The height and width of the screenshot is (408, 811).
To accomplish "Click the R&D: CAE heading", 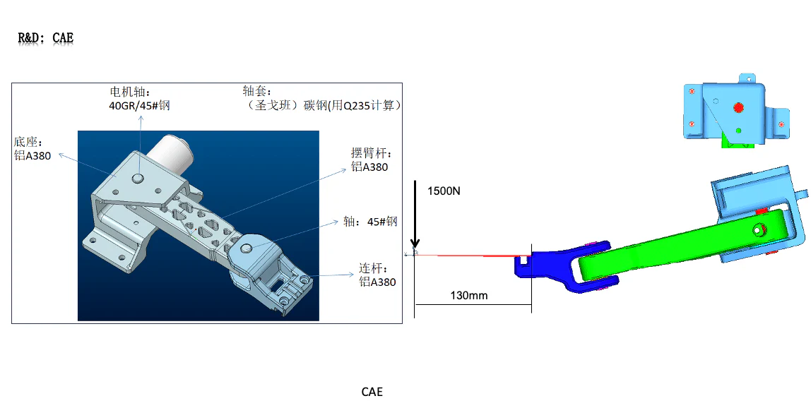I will (x=45, y=38).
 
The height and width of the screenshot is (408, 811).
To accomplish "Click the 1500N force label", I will (x=444, y=191).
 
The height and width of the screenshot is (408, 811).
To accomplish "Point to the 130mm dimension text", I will (x=469, y=295).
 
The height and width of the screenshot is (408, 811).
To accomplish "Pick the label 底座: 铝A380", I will (x=32, y=149).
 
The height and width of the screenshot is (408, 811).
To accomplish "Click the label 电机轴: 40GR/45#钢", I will (x=139, y=99).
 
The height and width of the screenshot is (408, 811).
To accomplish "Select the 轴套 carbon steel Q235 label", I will (x=321, y=99).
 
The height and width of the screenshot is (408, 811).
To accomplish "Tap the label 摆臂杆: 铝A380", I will (x=370, y=160).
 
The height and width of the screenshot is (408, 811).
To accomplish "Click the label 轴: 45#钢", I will (x=370, y=222).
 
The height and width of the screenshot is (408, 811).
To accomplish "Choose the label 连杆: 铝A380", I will (x=377, y=275).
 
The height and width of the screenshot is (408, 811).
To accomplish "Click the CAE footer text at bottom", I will (x=372, y=392).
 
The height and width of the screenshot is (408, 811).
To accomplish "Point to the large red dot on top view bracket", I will (x=739, y=107).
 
